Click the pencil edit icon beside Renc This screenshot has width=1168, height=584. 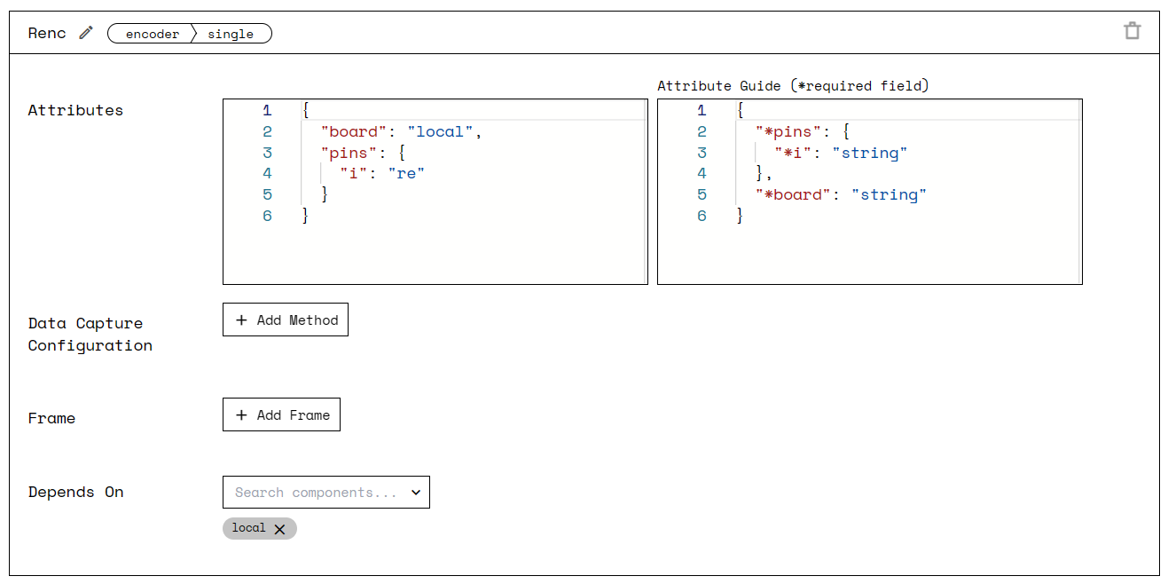point(86,33)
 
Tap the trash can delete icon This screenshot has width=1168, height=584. point(1132,31)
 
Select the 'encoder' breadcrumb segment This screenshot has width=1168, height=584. point(153,34)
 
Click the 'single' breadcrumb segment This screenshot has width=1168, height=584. point(231,34)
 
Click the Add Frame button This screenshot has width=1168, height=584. point(281,414)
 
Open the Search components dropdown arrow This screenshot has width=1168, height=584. point(416,493)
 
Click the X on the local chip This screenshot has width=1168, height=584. point(279,529)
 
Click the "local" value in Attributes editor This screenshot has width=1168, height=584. point(441,131)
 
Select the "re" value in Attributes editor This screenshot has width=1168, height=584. point(406,173)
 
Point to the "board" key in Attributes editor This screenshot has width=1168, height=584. point(354,131)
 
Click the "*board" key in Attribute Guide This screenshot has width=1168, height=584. point(794,194)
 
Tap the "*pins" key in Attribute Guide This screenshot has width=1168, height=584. point(788,131)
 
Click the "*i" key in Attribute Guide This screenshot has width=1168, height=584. point(794,153)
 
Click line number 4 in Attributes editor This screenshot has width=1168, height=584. point(267,173)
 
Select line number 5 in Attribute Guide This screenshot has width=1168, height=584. point(702,194)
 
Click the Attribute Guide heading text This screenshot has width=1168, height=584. point(792,85)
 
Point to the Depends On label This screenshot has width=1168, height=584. point(75,492)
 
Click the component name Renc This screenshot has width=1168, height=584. point(47,33)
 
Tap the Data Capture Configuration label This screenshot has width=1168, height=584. point(90,335)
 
